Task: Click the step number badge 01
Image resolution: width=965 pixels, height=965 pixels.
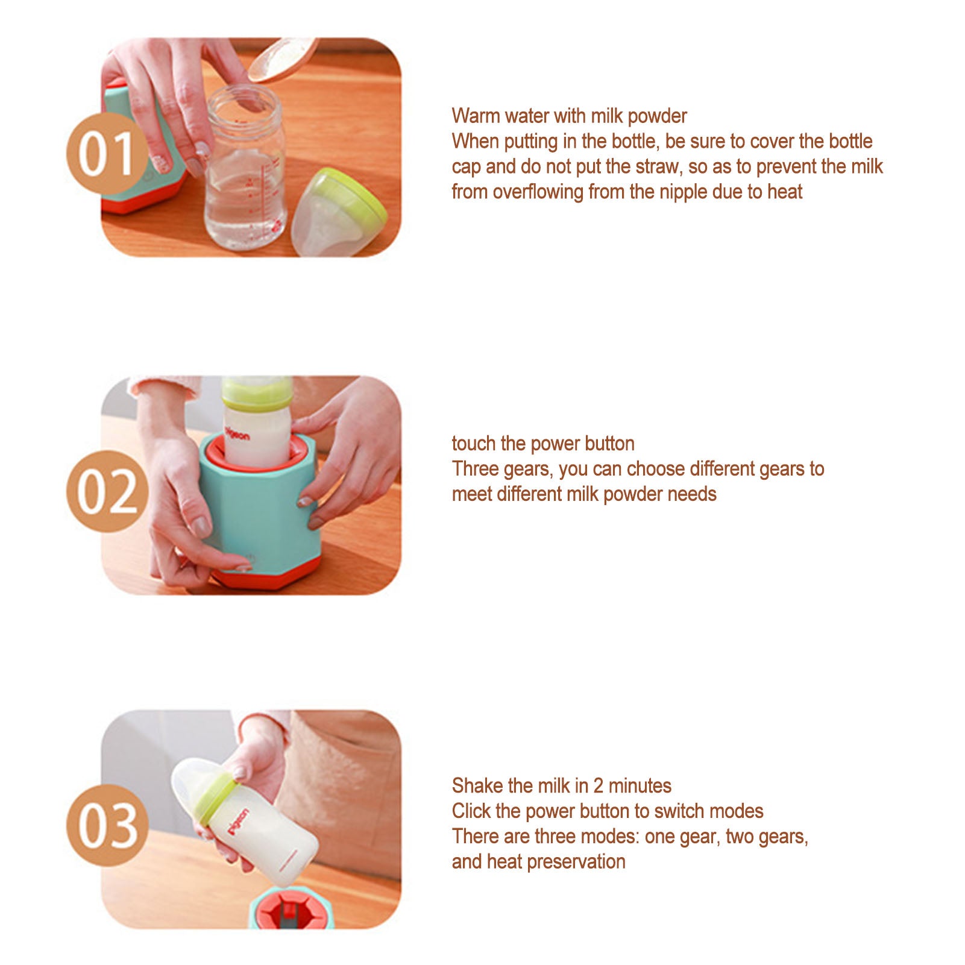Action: point(107,154)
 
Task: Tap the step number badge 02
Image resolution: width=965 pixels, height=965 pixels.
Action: point(107,491)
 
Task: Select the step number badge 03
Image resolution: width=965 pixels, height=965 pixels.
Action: point(107,825)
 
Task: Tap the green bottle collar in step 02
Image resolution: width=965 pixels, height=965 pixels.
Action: point(257,395)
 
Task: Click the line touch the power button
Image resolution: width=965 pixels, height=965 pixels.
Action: point(542,444)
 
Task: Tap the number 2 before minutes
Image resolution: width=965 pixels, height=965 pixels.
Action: point(598,785)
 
